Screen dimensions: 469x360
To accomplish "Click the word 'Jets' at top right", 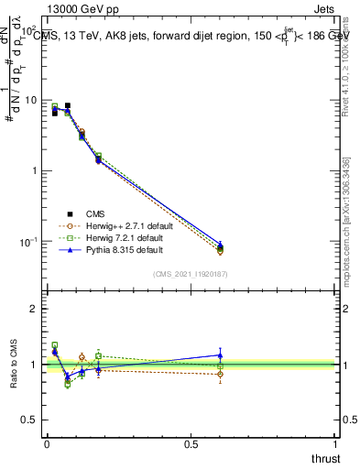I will [324, 11].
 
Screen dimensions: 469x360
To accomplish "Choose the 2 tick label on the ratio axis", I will [34, 309].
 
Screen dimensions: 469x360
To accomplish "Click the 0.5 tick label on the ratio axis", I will [29, 420].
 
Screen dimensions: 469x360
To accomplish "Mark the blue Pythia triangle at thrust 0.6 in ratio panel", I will [220, 354].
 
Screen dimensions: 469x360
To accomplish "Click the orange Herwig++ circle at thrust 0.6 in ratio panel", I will [220, 374].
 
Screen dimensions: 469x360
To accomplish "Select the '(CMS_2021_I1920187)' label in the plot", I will [190, 274].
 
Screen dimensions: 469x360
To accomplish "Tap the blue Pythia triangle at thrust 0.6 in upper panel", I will [220, 245].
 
